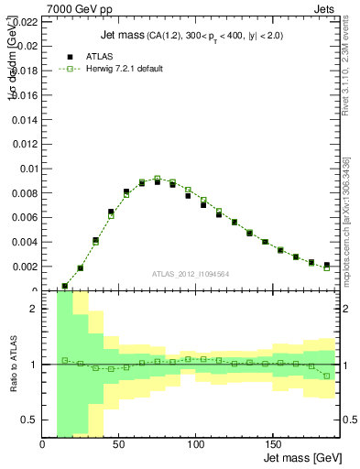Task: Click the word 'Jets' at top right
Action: (325, 7)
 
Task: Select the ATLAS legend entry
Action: (87, 56)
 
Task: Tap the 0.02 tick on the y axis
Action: (27, 44)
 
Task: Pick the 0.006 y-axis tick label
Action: (24, 217)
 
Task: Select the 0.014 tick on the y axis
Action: (24, 118)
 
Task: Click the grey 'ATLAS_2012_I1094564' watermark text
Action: (191, 273)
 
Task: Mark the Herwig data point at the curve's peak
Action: (158, 179)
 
